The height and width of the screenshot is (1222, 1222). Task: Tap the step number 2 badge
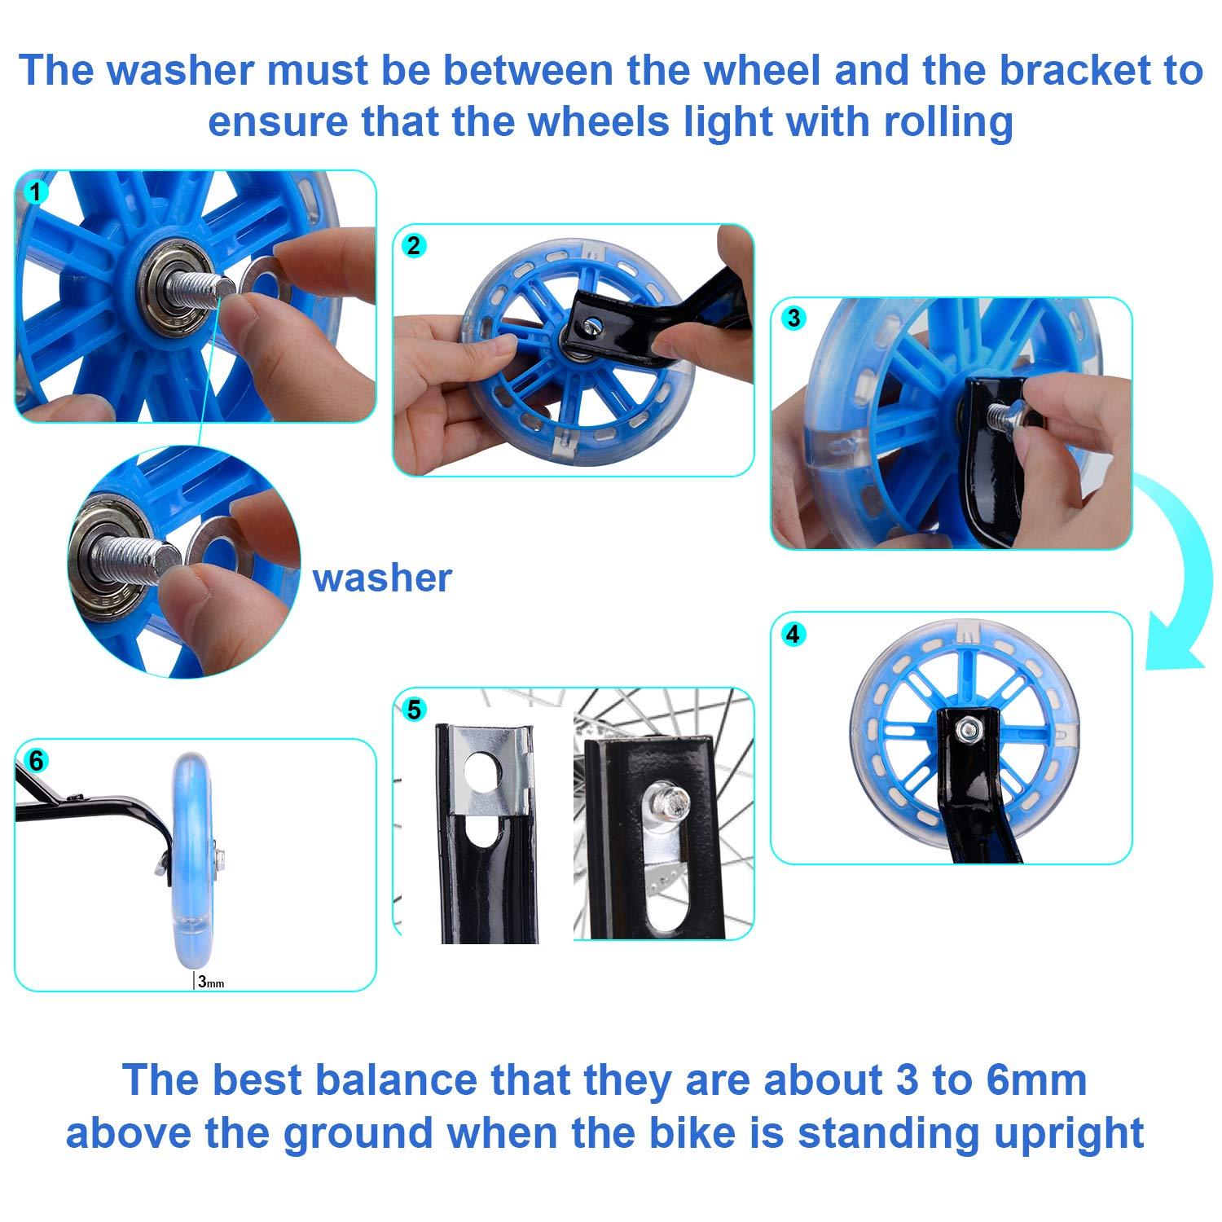[414, 245]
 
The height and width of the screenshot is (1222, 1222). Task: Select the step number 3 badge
[793, 318]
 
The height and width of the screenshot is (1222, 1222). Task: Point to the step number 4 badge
[793, 633]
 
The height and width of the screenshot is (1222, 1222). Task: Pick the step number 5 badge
[414, 709]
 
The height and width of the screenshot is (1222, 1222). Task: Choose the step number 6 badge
[36, 761]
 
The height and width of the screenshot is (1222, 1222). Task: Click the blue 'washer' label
[381, 578]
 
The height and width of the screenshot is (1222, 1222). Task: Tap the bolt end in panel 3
[1002, 416]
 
